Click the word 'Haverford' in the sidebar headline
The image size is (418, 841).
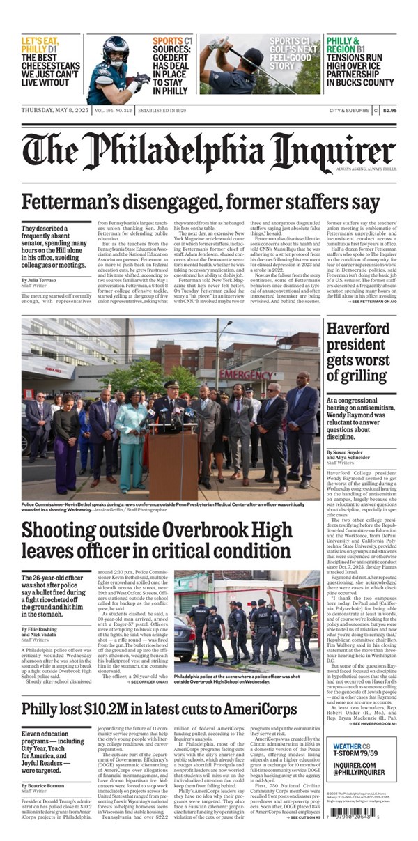coord(360,330)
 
